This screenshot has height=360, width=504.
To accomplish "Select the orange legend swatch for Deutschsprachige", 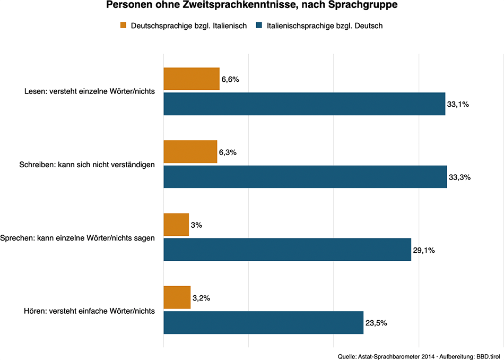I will tap(124, 25).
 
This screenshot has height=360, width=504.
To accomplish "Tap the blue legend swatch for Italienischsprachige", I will tap(259, 25).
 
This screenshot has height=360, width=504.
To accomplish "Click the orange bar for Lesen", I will tap(191, 79).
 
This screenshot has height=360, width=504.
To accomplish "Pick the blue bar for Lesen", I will tap(304, 104).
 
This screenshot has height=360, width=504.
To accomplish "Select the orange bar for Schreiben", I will tap(190, 152).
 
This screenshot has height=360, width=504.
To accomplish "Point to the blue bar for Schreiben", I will tap(305, 177).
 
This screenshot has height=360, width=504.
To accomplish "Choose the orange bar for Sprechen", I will tap(176, 225).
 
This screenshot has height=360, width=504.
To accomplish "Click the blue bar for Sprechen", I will tap(287, 250).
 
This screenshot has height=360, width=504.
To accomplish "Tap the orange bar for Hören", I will tap(177, 297).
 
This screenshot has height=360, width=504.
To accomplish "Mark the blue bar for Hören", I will tap(263, 322).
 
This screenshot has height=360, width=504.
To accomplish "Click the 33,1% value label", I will tap(458, 105).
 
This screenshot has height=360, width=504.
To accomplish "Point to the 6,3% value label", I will tap(228, 152).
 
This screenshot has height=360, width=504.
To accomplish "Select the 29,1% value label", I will tap(424, 250).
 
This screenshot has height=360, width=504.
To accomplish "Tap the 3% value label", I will tap(196, 225).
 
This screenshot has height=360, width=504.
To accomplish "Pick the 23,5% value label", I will tap(376, 323).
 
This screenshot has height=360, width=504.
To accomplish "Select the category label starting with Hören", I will tap(90, 311).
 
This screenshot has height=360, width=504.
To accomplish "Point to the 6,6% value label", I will tap(230, 80).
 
